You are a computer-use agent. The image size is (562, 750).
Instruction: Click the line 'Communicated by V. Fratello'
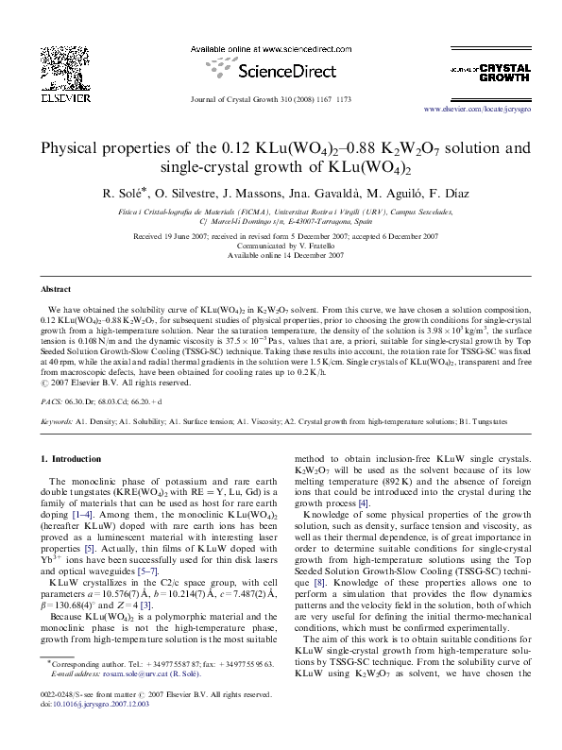[281, 245]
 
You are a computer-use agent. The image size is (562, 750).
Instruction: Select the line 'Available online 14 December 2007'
[281, 254]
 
